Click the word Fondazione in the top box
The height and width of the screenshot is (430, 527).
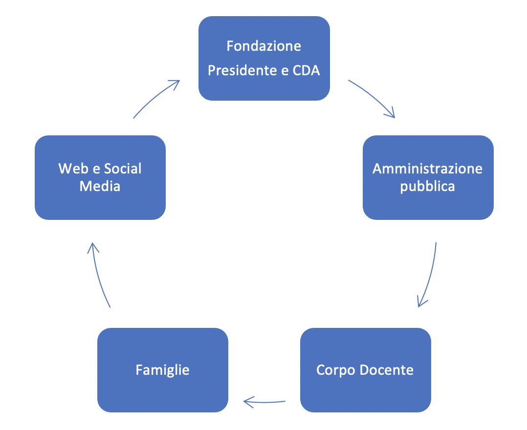(264, 46)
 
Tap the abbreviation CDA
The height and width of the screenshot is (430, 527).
(306, 70)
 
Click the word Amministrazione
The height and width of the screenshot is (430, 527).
(428, 169)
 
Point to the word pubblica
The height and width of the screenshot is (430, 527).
(428, 186)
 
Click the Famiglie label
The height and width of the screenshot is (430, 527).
(162, 370)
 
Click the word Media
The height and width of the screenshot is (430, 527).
(100, 186)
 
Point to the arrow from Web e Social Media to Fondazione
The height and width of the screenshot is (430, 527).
(155, 98)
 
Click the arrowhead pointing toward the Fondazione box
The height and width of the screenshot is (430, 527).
(176, 83)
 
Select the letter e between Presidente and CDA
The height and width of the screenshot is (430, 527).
(285, 70)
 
